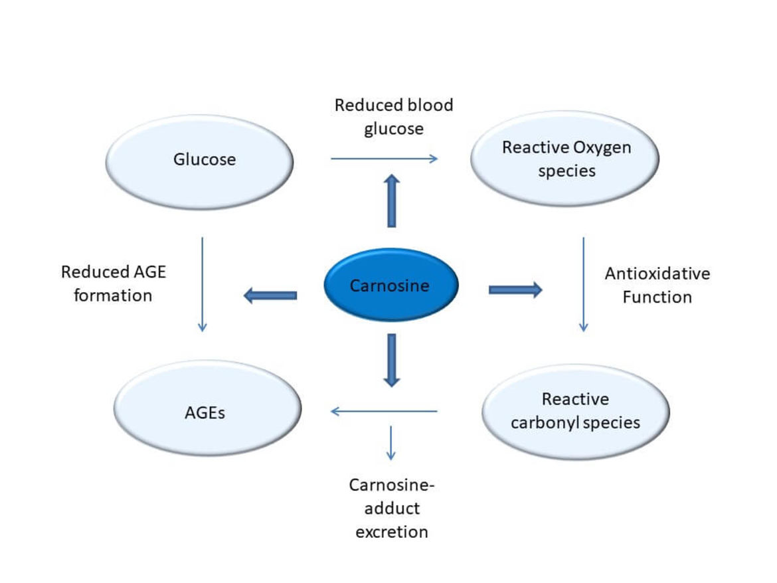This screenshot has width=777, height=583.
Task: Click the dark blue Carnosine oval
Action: point(391,285)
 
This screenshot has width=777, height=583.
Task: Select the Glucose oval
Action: point(199,162)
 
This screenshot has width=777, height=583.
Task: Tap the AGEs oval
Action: point(207,408)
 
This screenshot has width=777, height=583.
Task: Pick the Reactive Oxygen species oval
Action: point(564,159)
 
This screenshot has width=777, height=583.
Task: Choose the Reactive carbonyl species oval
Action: point(575,412)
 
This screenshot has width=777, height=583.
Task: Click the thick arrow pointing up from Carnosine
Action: point(391,201)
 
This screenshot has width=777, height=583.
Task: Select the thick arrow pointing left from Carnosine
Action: point(270,295)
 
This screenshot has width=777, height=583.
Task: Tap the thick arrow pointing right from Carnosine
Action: point(515,290)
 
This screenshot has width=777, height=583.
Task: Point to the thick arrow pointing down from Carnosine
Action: point(391,360)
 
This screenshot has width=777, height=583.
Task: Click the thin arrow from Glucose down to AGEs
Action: point(202,284)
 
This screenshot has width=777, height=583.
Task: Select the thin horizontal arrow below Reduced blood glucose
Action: point(384,159)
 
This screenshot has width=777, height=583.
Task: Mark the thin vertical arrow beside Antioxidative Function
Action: point(583,284)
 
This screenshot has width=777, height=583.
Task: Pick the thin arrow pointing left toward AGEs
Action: point(384,411)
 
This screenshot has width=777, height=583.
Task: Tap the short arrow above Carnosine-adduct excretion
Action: point(391,443)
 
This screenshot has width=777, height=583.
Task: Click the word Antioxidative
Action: point(657,274)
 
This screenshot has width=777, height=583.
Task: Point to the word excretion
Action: point(391,532)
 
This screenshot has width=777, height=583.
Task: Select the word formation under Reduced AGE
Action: point(113,295)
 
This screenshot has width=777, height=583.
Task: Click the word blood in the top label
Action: point(430,105)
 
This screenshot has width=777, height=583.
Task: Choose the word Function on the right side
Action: point(657,297)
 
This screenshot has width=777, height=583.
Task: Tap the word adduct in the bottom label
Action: point(392,508)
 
